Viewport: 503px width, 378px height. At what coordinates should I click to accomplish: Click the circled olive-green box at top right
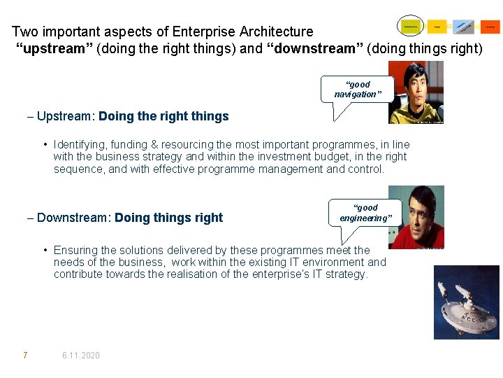[x=411, y=27]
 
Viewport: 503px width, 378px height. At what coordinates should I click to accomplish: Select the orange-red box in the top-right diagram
[x=490, y=27]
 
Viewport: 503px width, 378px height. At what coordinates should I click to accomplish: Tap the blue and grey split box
[x=463, y=27]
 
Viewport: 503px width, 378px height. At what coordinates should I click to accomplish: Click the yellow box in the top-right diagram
[x=437, y=27]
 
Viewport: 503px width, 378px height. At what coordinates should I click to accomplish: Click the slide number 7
[x=25, y=356]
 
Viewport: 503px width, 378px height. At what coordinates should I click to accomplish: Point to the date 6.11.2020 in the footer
[x=80, y=356]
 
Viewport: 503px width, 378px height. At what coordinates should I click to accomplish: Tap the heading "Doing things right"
[x=168, y=218]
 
